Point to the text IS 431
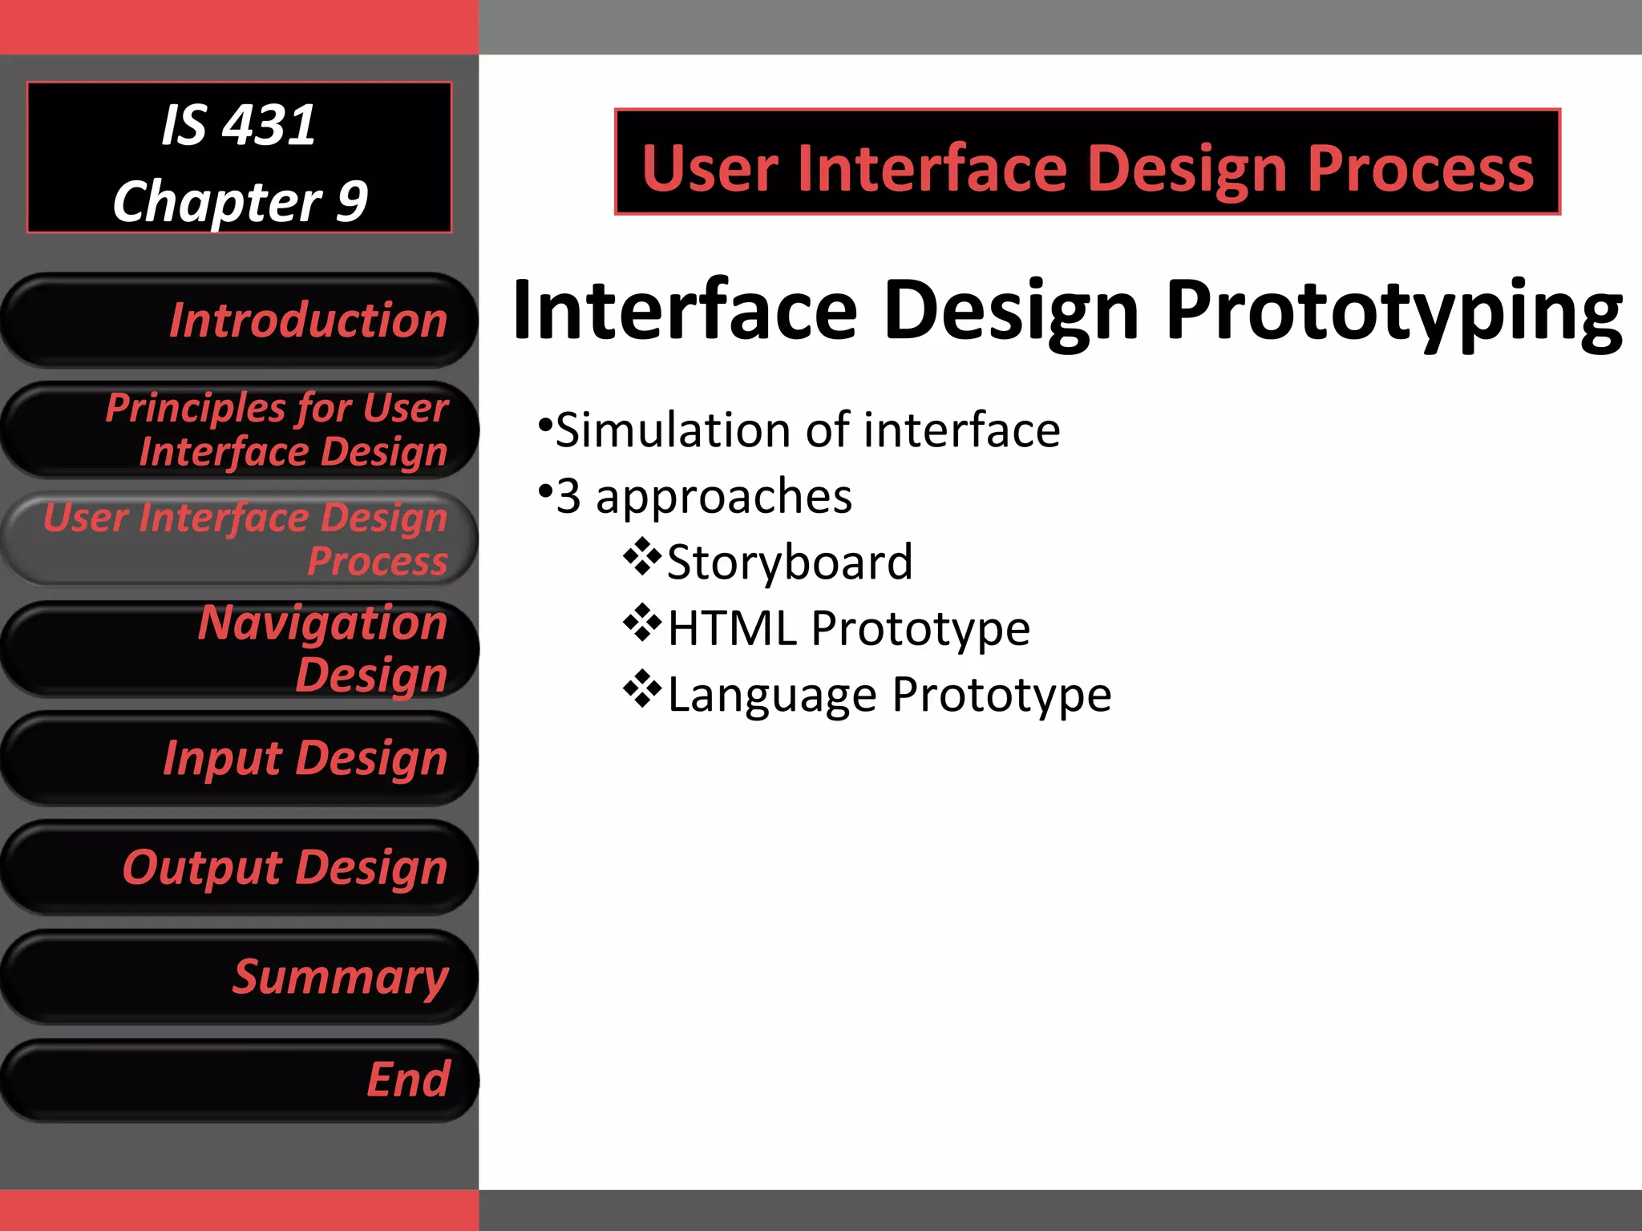click(239, 126)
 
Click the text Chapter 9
click(239, 201)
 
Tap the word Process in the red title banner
click(1420, 169)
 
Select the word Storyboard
click(790, 562)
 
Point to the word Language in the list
click(771, 694)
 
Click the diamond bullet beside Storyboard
click(642, 557)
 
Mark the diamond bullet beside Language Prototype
click(642, 689)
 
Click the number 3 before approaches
click(568, 496)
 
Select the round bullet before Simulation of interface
click(545, 422)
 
